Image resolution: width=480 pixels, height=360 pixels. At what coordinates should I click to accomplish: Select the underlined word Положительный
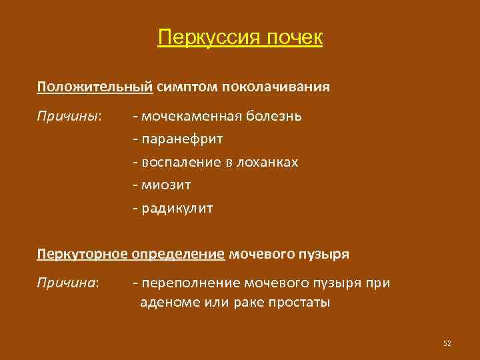coord(95,87)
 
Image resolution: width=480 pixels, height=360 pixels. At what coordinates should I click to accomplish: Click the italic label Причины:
coord(69,116)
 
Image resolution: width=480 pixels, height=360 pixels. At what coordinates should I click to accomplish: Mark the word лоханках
coord(270,163)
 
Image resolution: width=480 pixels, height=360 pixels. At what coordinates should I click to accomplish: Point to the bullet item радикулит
coord(177,209)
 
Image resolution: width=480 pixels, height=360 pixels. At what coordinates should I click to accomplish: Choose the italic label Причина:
coord(68,284)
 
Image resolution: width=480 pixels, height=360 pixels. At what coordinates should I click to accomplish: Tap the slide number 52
coord(447,343)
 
